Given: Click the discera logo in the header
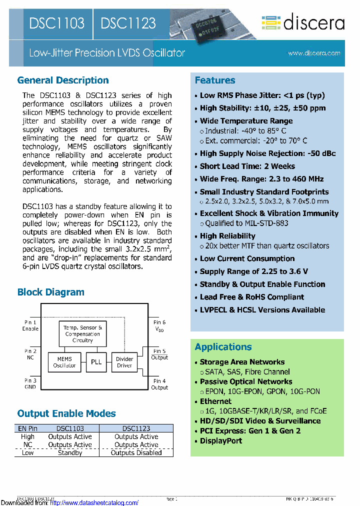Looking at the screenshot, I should point(303,22).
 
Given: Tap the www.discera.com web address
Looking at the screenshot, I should point(314,53).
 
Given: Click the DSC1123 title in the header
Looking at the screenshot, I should point(128,23).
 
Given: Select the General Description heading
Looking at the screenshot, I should point(63,80).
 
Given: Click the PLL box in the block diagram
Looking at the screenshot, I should point(96,361).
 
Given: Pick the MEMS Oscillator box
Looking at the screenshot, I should point(64,362).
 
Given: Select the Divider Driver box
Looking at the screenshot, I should point(124,362).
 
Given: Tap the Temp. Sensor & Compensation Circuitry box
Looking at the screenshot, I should point(83,333).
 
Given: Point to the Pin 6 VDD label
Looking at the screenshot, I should point(159,326).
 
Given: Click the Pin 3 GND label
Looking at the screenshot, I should point(30,384).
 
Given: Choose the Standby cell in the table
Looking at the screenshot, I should point(70,452).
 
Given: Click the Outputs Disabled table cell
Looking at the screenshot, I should point(136,452).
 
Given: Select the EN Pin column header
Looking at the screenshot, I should point(28,428).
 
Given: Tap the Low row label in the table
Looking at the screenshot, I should point(28,452).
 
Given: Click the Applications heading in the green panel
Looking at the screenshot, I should point(223,347).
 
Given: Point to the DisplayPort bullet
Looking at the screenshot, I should point(220,440).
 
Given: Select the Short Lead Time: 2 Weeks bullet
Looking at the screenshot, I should point(247,166).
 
